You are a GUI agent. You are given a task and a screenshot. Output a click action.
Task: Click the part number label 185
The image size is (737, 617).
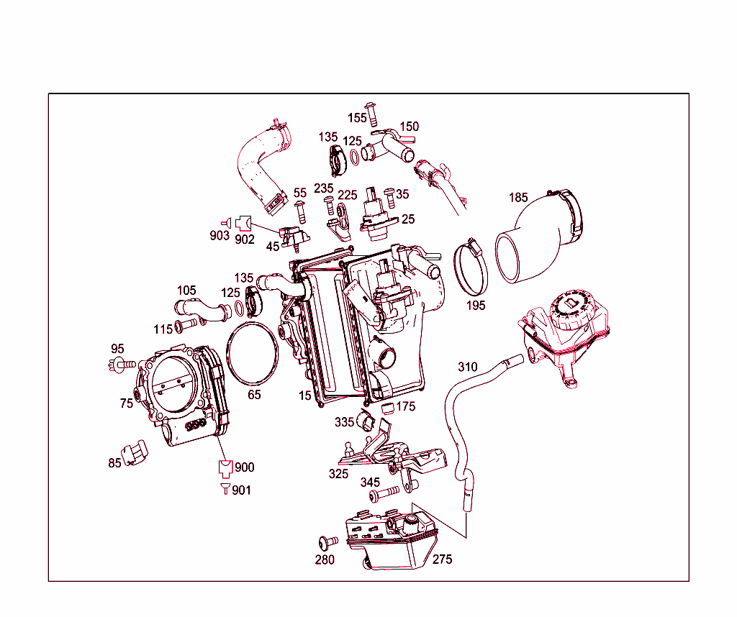[518, 197]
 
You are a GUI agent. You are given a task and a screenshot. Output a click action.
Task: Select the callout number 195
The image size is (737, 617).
[476, 306]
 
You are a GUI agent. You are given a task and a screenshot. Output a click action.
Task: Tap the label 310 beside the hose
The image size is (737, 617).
[467, 367]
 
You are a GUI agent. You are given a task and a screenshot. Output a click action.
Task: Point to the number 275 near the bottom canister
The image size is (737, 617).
[442, 559]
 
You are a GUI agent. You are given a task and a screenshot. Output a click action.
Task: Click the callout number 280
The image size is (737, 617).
[325, 560]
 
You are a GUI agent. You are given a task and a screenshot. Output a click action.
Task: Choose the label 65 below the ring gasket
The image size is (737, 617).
[254, 395]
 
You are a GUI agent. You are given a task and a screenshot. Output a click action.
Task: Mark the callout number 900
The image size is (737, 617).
[244, 467]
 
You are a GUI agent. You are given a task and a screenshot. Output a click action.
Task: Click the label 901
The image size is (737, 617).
[241, 490]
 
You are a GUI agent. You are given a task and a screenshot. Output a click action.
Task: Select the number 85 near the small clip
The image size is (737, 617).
[115, 463]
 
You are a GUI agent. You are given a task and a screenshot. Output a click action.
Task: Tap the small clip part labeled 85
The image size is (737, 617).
[135, 454]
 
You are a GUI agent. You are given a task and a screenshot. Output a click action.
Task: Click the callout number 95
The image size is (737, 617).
[117, 349]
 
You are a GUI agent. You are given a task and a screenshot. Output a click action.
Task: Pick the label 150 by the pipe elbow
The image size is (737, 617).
[409, 127]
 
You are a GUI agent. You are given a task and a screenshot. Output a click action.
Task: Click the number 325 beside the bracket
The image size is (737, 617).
[339, 474]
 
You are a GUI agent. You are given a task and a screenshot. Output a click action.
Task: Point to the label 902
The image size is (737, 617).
[245, 239]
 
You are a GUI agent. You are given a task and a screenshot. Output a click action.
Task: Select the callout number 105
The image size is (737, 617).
[186, 291]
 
